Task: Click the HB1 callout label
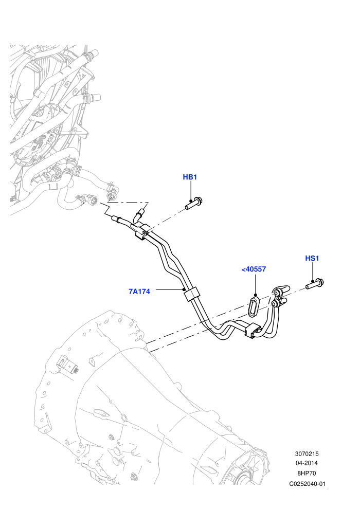pyautogui.click(x=190, y=177)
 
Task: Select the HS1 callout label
pyautogui.click(x=312, y=258)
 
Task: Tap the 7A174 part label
pyautogui.click(x=139, y=291)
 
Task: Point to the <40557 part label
pyautogui.click(x=254, y=269)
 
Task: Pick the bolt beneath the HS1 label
pyautogui.click(x=315, y=284)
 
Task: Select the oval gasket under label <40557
pyautogui.click(x=254, y=305)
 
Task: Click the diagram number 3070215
pyautogui.click(x=307, y=454)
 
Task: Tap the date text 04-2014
pyautogui.click(x=307, y=463)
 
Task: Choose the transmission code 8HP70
pyautogui.click(x=307, y=473)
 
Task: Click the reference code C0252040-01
pyautogui.click(x=307, y=484)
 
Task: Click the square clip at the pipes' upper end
pyautogui.click(x=141, y=232)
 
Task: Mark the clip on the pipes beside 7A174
pyautogui.click(x=191, y=294)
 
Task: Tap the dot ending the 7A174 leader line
pyautogui.click(x=184, y=289)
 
